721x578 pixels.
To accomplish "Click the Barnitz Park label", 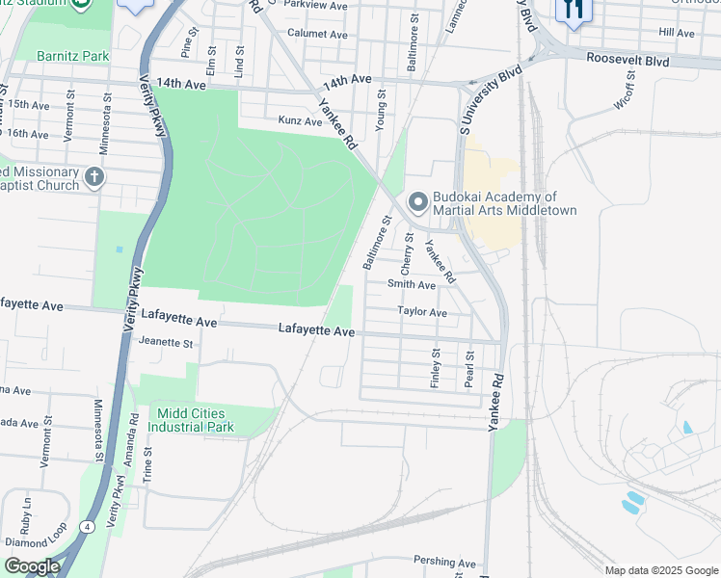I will click(x=74, y=56).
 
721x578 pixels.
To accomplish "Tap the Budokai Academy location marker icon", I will click(x=417, y=202).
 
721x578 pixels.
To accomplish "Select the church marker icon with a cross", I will click(x=93, y=176).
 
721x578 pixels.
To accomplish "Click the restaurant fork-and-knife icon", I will click(x=573, y=10).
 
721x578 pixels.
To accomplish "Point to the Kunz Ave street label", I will click(x=300, y=121).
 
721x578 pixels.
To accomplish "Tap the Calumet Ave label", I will click(x=318, y=34).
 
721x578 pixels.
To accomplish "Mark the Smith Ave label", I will click(x=412, y=284).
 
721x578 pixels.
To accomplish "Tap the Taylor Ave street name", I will click(x=422, y=312).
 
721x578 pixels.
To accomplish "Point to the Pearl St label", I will click(x=469, y=369).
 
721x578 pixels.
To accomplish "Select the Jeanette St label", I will click(x=167, y=342).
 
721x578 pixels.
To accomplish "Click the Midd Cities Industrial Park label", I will click(x=195, y=420).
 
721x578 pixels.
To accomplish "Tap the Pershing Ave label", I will click(x=445, y=560).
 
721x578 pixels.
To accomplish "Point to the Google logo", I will click(x=32, y=566).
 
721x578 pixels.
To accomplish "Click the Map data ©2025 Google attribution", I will click(x=660, y=569).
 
